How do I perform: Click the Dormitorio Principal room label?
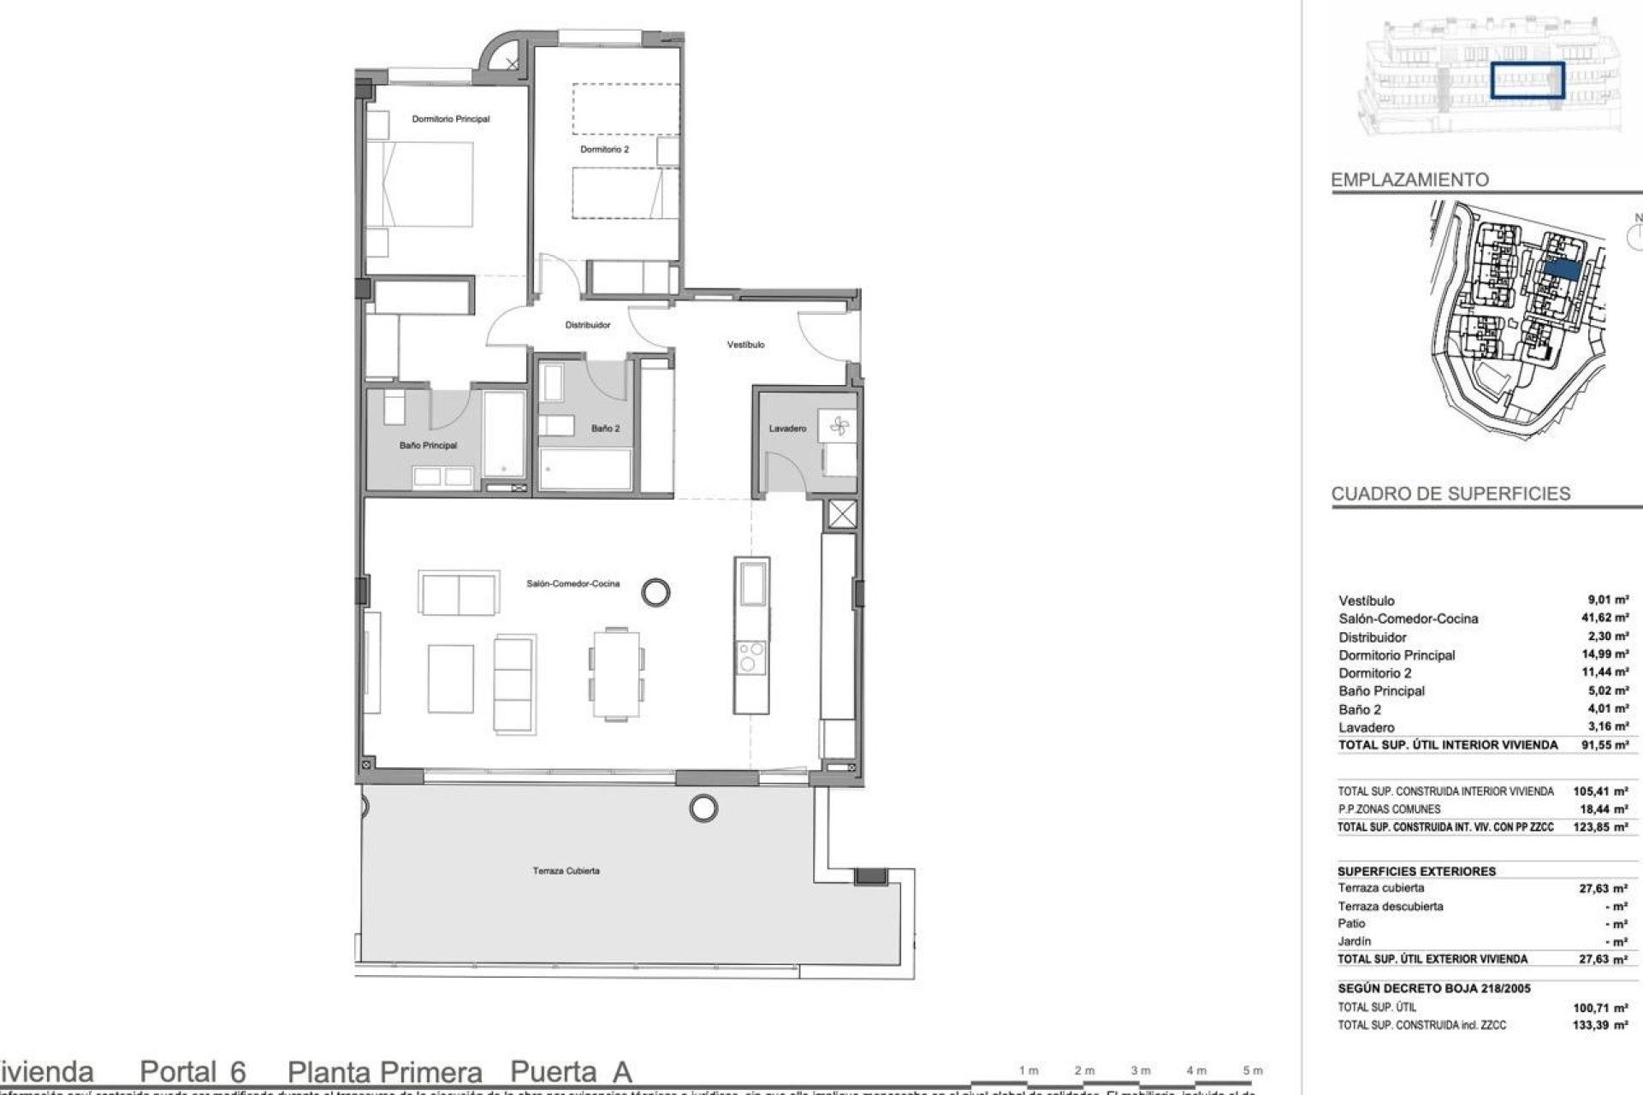click(450, 119)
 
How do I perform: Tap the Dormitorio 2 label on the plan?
click(604, 149)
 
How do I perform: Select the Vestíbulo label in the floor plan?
click(745, 344)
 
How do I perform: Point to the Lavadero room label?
click(786, 428)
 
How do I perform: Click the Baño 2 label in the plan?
click(605, 428)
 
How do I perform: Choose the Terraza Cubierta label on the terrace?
click(566, 871)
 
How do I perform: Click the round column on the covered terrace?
click(703, 806)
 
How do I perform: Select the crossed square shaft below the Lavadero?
click(842, 515)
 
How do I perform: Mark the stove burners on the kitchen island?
click(750, 660)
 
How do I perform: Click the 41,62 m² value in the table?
click(1608, 618)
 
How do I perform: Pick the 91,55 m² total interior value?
click(1608, 745)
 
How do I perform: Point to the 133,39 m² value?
click(1608, 1025)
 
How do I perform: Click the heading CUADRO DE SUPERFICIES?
click(1450, 494)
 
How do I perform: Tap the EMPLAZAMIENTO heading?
click(1409, 180)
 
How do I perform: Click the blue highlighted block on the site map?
click(1563, 269)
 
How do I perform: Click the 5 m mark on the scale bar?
click(1252, 1070)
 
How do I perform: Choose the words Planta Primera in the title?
click(384, 1072)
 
